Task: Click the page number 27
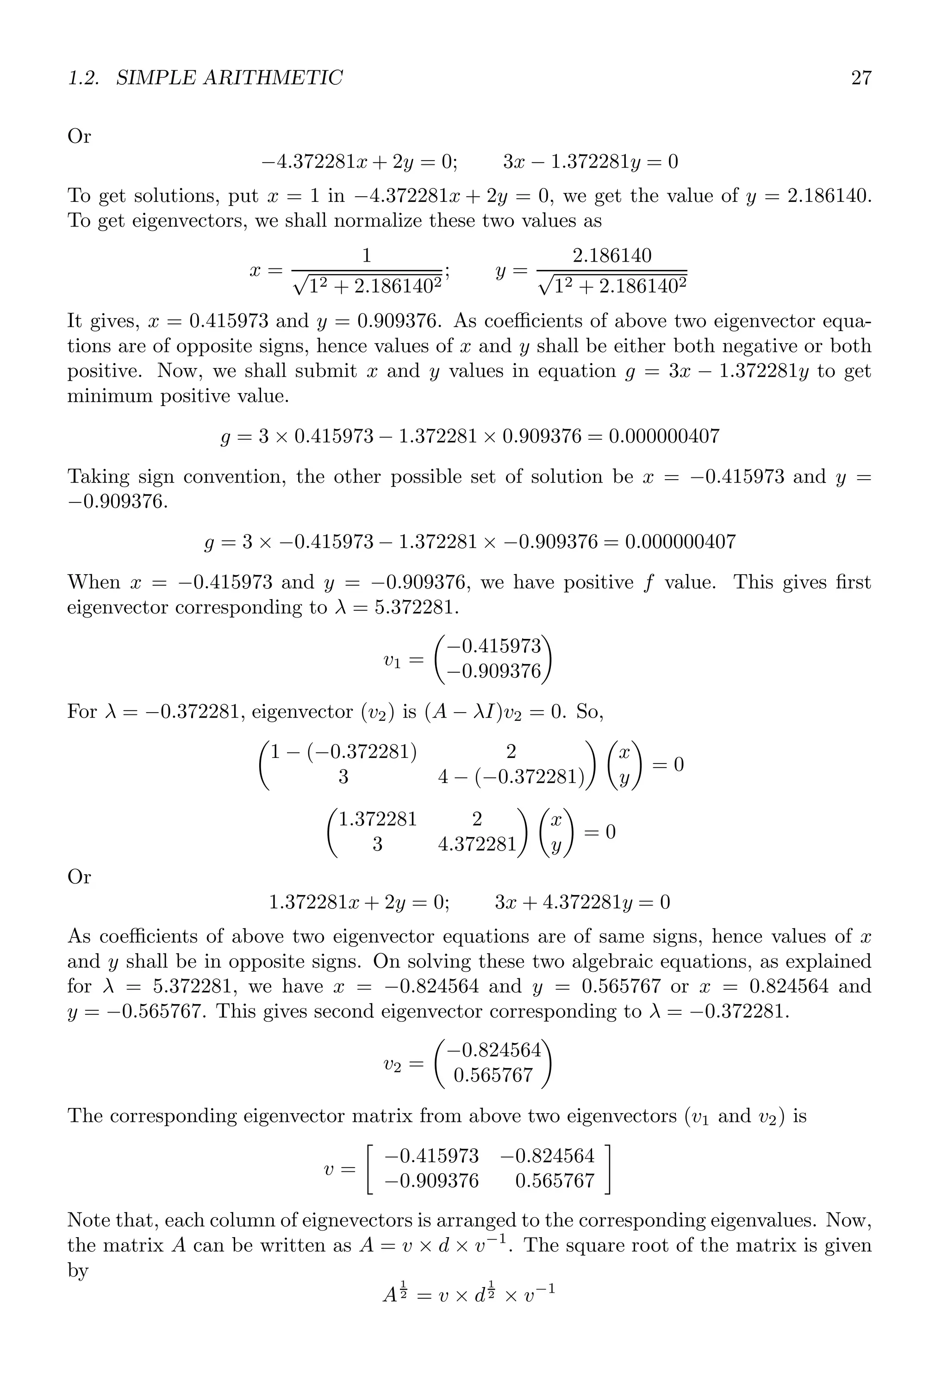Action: (x=861, y=78)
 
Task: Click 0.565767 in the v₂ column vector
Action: (x=493, y=1075)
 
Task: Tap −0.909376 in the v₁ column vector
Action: (x=494, y=671)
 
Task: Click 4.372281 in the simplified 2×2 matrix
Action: (x=477, y=845)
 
